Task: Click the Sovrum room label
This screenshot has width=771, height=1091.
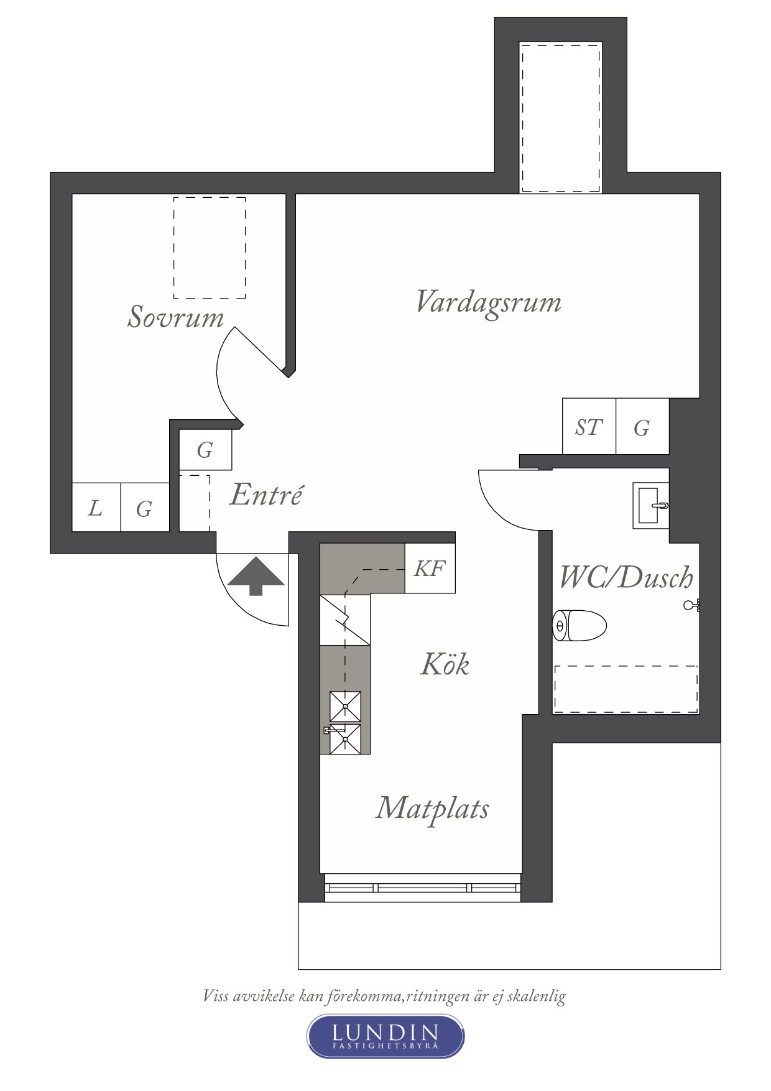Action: click(175, 317)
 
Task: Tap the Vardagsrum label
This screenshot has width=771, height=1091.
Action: click(488, 303)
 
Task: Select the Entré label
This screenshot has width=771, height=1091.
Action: click(266, 494)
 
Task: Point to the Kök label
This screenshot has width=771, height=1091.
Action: click(445, 664)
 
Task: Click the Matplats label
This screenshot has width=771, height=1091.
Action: click(432, 809)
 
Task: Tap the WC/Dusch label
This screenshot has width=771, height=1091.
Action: click(626, 577)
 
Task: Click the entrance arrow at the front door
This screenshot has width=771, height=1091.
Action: click(256, 576)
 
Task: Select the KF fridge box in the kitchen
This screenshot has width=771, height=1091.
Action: click(430, 568)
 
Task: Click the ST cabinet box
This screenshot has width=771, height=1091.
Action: click(589, 426)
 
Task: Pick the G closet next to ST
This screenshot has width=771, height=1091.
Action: click(642, 426)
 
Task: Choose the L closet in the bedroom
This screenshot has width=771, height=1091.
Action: click(96, 507)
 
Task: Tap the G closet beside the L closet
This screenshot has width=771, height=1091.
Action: click(144, 507)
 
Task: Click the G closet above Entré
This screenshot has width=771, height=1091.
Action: click(205, 449)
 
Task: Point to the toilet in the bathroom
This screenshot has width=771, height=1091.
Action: click(579, 625)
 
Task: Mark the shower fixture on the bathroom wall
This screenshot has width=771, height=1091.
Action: click(691, 605)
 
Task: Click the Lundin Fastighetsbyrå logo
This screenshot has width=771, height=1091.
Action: click(386, 1036)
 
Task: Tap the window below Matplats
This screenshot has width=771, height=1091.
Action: click(423, 888)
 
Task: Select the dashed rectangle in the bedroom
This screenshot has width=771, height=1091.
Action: click(210, 248)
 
